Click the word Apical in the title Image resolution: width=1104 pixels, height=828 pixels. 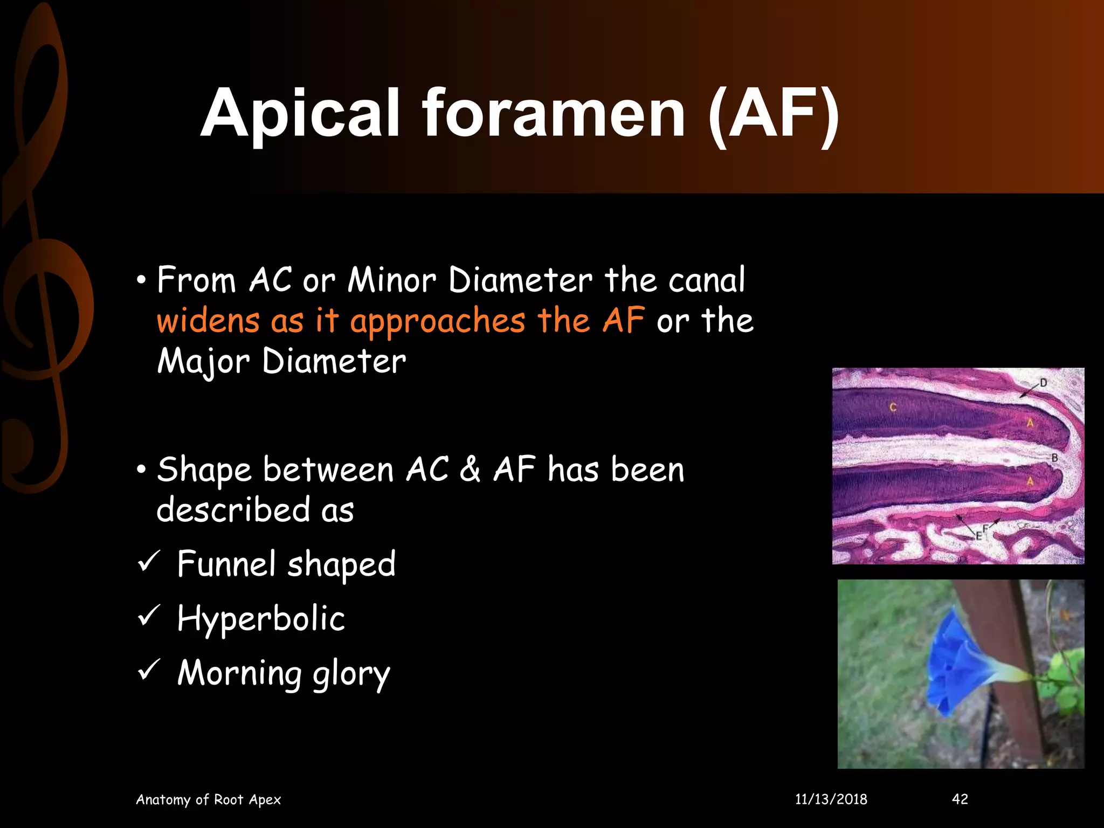(300, 114)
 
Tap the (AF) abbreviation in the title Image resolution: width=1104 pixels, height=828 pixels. (774, 114)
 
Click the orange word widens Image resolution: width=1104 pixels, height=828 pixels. (208, 321)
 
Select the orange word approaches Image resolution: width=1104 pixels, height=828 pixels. (437, 322)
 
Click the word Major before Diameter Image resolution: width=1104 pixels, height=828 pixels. (204, 361)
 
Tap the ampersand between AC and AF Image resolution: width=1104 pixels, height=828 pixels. (470, 469)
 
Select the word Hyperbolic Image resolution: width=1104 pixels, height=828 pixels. (261, 619)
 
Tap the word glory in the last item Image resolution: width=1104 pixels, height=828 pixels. (351, 674)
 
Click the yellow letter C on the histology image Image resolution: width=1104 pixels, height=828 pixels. (893, 407)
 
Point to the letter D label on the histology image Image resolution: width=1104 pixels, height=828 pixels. (1043, 383)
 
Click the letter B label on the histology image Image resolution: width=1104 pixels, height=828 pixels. (1054, 458)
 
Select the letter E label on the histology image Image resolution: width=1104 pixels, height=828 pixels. (978, 535)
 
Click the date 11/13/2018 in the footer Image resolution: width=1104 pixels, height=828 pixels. (831, 799)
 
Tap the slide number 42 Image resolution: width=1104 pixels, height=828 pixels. (960, 799)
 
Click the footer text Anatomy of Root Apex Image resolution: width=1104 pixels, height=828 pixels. (208, 799)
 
